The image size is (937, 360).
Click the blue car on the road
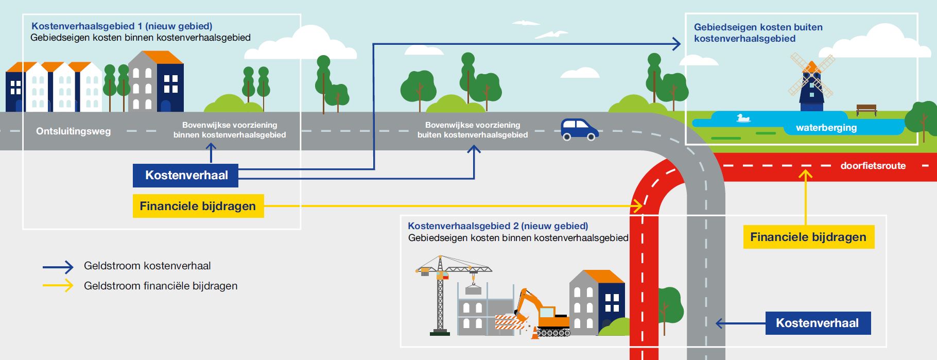579,129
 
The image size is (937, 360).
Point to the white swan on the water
742,118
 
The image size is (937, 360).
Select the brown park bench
866,109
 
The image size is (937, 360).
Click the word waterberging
826,128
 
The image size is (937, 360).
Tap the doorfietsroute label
873,166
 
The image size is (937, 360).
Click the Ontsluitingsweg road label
73,131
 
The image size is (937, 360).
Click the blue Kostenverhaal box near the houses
186,175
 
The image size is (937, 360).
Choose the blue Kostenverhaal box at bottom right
818,323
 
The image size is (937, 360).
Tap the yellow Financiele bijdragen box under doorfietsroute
808,237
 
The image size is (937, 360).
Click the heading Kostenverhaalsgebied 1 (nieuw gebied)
122,26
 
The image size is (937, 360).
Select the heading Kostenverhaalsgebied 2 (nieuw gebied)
497,226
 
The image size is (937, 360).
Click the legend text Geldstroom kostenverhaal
147,266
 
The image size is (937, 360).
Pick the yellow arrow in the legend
58,285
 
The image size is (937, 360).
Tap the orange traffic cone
535,333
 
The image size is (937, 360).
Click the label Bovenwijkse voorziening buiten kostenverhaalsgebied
472,130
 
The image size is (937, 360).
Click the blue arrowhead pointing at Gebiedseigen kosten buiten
676,44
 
